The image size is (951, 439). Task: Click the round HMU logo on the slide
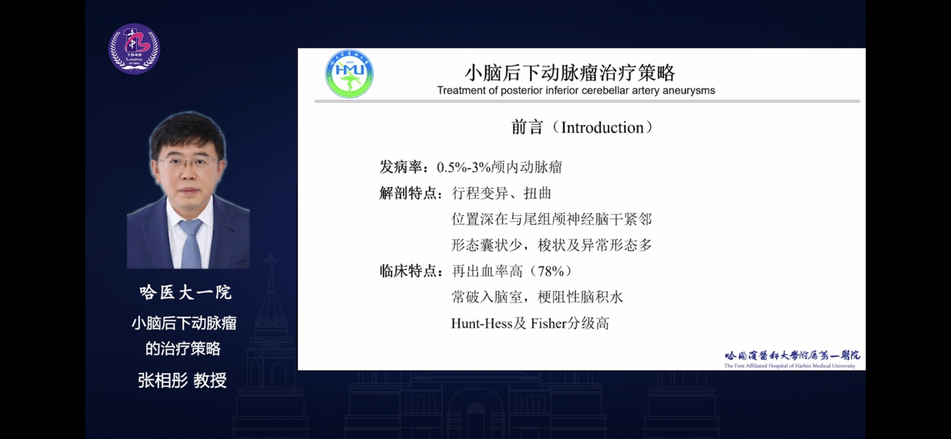349,74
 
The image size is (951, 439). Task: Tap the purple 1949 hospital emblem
134,49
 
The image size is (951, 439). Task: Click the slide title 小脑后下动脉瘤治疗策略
569,72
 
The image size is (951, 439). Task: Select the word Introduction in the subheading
602,128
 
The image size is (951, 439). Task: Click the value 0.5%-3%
464,167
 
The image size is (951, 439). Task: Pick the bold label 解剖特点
408,193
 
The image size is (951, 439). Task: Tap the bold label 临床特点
408,271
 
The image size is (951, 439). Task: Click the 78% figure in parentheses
551,271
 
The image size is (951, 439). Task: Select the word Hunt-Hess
476,323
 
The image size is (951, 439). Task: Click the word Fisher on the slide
548,323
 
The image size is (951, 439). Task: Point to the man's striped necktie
191,244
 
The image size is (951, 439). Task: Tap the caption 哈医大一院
186,293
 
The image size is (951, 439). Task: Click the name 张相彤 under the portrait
163,380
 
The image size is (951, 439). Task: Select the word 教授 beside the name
210,380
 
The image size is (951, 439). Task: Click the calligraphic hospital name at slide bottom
792,355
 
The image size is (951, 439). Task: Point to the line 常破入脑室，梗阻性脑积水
537,297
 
